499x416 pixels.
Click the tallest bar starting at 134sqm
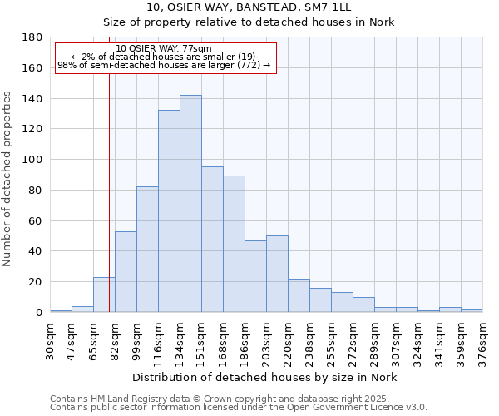[190, 204]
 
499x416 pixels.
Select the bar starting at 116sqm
[169, 211]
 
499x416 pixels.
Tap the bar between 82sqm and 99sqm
[126, 271]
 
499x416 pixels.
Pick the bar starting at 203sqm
[277, 274]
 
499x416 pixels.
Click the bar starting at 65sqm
[104, 295]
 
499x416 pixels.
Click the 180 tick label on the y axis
[32, 37]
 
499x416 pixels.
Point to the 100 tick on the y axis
[32, 160]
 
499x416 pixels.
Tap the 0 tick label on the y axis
[38, 313]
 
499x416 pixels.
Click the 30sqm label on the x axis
[51, 340]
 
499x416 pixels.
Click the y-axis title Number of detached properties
[8, 175]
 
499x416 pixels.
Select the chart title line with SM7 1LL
[249, 7]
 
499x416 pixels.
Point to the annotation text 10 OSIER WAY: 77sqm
[164, 48]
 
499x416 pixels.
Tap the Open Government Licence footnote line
[238, 408]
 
